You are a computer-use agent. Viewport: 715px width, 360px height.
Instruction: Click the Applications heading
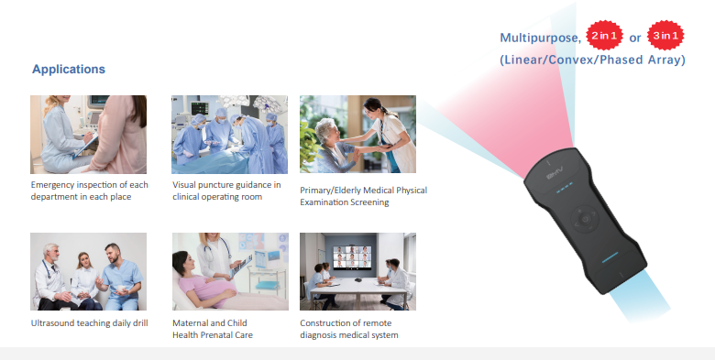tap(69, 70)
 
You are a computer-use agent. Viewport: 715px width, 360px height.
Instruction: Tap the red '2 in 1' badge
tap(603, 37)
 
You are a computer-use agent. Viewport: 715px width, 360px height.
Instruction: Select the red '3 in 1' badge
tap(665, 37)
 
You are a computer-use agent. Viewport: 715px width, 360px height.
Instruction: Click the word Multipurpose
tap(540, 38)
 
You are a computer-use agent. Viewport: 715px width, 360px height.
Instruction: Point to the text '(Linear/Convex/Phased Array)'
tap(592, 60)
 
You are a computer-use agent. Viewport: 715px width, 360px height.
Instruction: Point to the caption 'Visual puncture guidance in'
tap(226, 185)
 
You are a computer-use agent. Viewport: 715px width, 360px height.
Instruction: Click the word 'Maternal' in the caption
tap(191, 323)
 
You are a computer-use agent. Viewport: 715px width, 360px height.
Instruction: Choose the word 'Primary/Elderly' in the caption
tap(332, 191)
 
